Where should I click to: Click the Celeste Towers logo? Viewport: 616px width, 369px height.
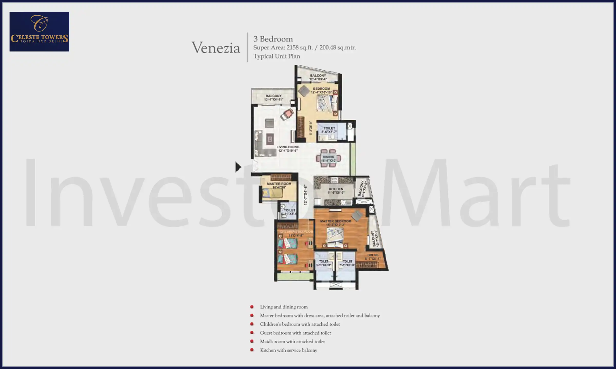click(x=39, y=32)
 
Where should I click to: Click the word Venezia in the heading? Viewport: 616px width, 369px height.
click(x=216, y=48)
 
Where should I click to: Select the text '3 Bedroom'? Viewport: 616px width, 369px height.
click(x=273, y=39)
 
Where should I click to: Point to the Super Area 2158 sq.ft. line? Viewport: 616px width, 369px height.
click(x=304, y=48)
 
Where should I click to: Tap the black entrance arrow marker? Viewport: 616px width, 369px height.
click(x=238, y=167)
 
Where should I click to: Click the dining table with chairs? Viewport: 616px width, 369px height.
click(x=328, y=158)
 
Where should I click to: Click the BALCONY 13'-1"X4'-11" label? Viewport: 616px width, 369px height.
click(x=274, y=97)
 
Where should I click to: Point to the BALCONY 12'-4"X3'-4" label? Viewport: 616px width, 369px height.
click(x=318, y=77)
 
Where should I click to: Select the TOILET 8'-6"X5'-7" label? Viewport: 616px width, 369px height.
click(x=329, y=130)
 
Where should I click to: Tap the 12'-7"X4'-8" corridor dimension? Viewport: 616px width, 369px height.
click(x=305, y=195)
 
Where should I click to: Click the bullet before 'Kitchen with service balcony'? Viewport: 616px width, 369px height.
click(x=252, y=350)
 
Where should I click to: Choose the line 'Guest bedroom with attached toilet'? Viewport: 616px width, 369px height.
click(x=295, y=333)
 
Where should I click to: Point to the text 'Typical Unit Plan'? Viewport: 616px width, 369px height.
click(x=276, y=56)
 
